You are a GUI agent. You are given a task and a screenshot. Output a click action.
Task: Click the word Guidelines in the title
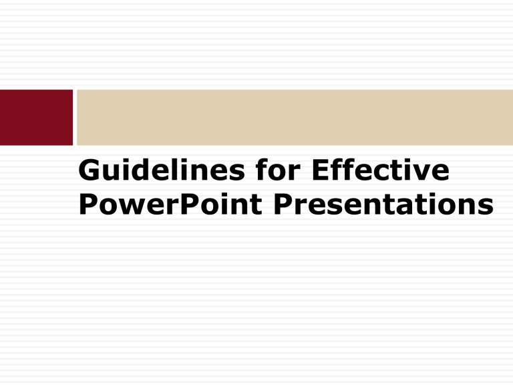pyautogui.click(x=162, y=170)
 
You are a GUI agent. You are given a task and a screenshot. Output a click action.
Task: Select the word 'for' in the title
pyautogui.click(x=278, y=169)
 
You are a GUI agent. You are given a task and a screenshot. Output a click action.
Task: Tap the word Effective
pyautogui.click(x=381, y=169)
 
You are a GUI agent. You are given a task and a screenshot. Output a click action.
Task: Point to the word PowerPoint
pyautogui.click(x=170, y=204)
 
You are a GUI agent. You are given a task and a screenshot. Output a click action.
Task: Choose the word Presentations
pyautogui.click(x=384, y=204)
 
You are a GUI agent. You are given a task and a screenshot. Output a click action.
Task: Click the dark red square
pyautogui.click(x=36, y=117)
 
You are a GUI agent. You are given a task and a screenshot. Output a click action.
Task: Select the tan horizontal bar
pyautogui.click(x=295, y=117)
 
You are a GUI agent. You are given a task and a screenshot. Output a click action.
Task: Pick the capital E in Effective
pyautogui.click(x=321, y=170)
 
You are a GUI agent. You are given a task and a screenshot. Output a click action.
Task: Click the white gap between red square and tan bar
pyautogui.click(x=75, y=117)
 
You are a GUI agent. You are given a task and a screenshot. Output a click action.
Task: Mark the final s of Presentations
pyautogui.click(x=486, y=207)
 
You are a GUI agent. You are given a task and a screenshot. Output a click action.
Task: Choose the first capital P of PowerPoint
pyautogui.click(x=89, y=204)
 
